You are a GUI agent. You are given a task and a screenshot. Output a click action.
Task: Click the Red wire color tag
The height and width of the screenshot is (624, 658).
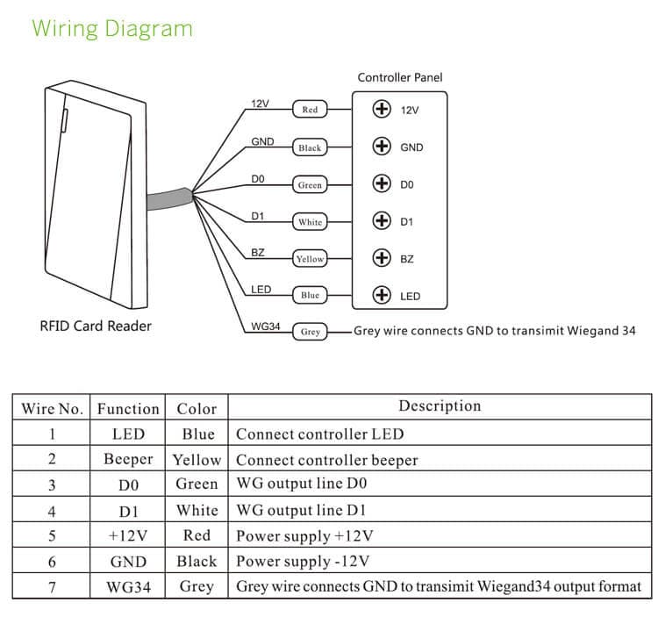click(x=310, y=110)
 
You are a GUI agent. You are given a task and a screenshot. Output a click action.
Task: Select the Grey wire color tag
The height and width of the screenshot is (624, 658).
click(x=310, y=333)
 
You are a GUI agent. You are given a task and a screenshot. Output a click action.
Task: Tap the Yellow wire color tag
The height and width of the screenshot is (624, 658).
click(x=310, y=259)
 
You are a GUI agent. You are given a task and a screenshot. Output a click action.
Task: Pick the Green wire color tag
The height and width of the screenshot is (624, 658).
click(x=310, y=185)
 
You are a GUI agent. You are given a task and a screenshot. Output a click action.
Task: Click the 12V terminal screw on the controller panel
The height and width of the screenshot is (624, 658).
click(x=381, y=110)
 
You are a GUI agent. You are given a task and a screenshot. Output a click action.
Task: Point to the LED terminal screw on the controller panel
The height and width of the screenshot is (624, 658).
click(x=381, y=296)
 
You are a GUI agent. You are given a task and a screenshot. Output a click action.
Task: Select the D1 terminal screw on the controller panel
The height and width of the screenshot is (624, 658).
click(x=381, y=221)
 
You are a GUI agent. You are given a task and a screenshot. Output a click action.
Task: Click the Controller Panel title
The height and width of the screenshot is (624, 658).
click(x=400, y=78)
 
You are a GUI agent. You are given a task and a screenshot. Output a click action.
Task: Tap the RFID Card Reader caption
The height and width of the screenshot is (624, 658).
click(x=96, y=326)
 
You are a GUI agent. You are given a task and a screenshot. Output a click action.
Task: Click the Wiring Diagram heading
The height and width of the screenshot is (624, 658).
click(x=111, y=28)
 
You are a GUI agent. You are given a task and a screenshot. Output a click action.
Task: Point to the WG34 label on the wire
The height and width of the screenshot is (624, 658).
click(x=265, y=326)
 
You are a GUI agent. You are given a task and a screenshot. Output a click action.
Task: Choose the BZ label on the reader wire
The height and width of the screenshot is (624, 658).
click(x=258, y=253)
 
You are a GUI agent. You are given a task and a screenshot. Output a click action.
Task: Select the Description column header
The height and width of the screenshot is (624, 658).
click(x=440, y=406)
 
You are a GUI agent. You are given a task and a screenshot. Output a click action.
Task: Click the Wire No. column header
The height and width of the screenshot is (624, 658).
click(x=52, y=409)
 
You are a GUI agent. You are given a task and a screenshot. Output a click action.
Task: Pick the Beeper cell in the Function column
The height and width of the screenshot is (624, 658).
click(x=128, y=460)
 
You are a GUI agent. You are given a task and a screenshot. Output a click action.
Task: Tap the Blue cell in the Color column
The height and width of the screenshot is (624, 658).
click(x=197, y=434)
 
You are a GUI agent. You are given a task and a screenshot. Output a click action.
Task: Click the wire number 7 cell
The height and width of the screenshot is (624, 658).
click(x=52, y=586)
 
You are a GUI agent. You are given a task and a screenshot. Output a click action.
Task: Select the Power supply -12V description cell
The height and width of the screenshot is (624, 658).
click(x=304, y=562)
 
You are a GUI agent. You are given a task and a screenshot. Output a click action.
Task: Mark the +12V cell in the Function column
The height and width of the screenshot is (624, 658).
click(x=128, y=535)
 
